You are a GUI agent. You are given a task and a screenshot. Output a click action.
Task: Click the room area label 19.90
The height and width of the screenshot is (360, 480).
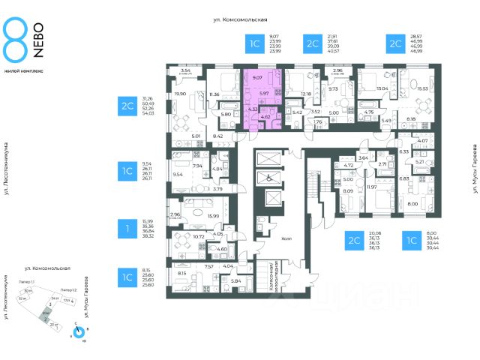click(179, 94)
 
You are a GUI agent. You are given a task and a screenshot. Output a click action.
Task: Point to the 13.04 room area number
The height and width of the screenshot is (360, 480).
click(382, 88)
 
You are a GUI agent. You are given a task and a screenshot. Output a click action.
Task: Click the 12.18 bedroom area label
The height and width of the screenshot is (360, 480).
click(305, 94)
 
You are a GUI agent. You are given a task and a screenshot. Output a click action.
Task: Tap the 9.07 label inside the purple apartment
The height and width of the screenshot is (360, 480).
click(256, 76)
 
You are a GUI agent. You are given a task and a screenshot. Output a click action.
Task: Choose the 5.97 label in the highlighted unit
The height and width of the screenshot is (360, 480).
click(264, 92)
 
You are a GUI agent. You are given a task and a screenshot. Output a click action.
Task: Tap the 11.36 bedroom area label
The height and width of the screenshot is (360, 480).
click(216, 94)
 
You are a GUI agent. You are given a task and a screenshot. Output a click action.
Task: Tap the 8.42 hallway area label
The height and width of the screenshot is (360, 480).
click(218, 136)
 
